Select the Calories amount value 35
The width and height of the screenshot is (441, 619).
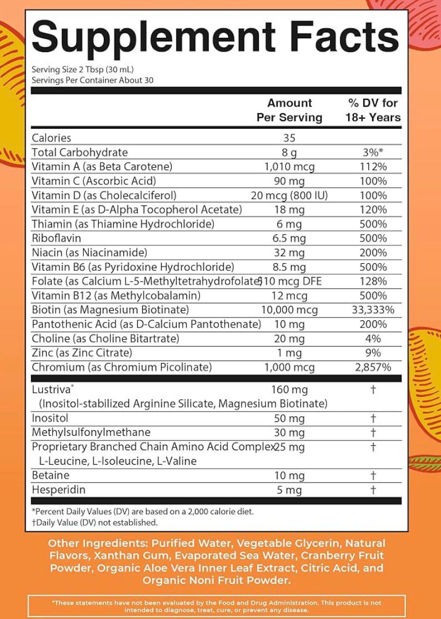[x=289, y=138]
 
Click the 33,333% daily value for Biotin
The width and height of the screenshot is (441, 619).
[x=373, y=310]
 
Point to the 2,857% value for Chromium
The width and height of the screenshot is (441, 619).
[x=373, y=367]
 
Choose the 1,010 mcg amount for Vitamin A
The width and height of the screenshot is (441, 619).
[x=289, y=167]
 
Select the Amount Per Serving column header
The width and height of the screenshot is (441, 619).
[x=289, y=110]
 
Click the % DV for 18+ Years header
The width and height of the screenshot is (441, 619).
[x=373, y=110]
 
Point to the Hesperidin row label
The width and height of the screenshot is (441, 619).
[x=58, y=490]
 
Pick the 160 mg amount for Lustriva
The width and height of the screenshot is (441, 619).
[x=289, y=390]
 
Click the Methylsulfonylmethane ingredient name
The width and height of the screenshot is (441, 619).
[x=91, y=432]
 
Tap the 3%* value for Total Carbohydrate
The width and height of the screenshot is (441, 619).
[x=373, y=153]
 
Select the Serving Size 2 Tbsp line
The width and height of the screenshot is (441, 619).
[x=83, y=70]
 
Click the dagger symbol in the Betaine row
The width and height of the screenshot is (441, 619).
[x=373, y=476]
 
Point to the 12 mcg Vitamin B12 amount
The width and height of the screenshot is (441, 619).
[x=289, y=295]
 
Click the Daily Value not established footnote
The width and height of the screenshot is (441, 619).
[x=95, y=522]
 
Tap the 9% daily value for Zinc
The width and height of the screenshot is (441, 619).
[x=373, y=353]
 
